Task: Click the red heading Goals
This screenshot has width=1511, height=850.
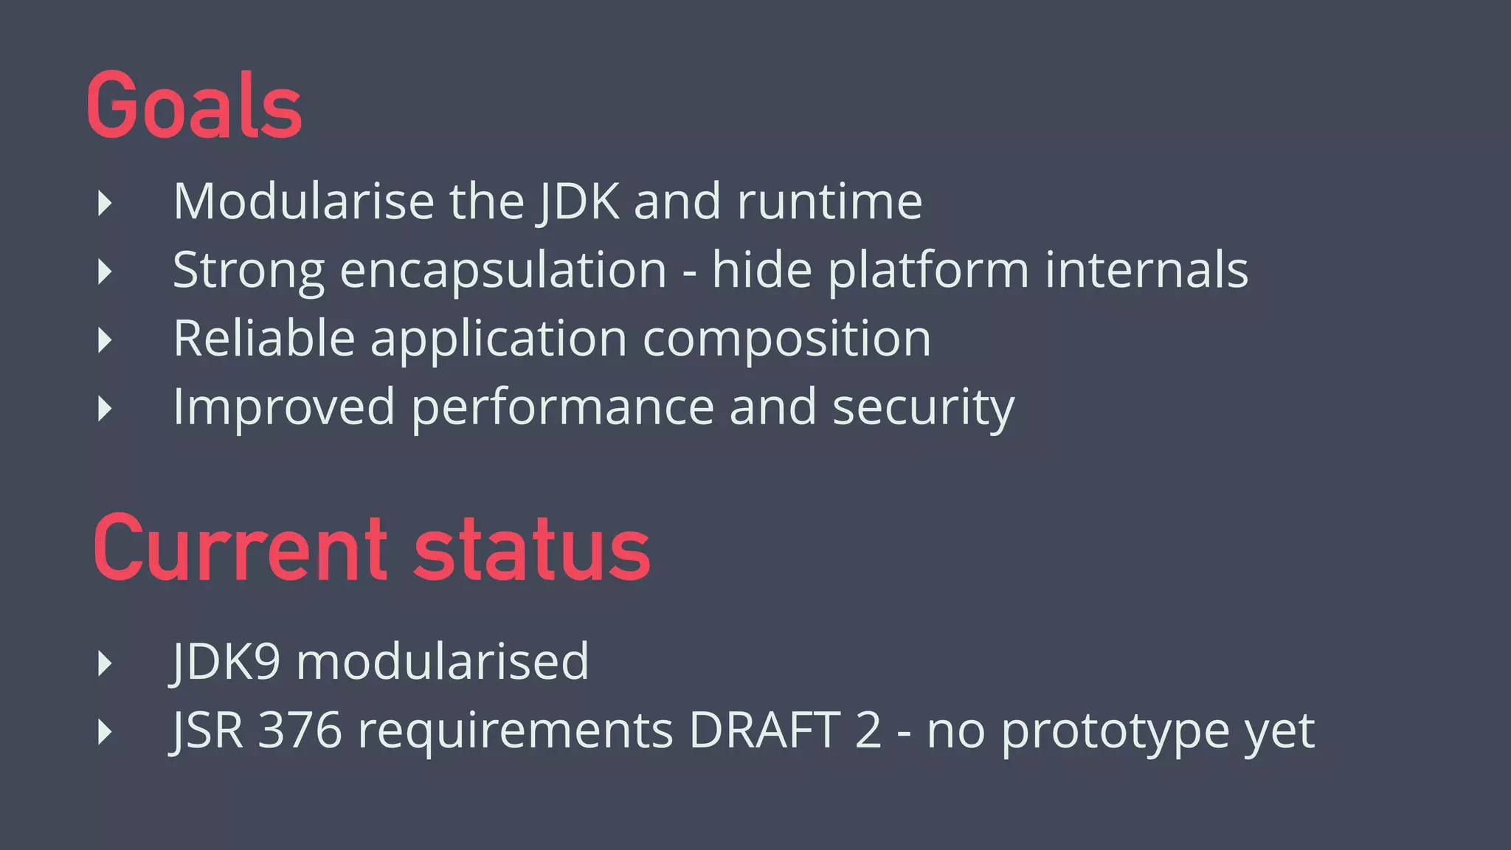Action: coord(194,105)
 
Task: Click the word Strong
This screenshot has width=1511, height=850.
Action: coord(249,269)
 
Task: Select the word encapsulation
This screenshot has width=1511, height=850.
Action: coord(503,271)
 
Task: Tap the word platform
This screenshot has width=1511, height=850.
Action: coord(928,271)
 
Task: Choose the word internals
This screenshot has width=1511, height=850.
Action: coord(1147,269)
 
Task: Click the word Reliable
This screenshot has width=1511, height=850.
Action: coord(264,338)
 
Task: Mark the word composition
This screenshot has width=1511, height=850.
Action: coord(786,339)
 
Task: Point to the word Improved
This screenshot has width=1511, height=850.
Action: coord(284,407)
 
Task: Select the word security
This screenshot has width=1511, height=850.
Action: coord(923,407)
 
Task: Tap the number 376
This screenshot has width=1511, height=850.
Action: coord(300,730)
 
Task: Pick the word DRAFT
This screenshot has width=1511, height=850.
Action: coord(764,730)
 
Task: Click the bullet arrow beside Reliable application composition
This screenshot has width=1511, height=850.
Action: coord(105,340)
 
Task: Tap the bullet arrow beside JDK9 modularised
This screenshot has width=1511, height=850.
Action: coord(105,663)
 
